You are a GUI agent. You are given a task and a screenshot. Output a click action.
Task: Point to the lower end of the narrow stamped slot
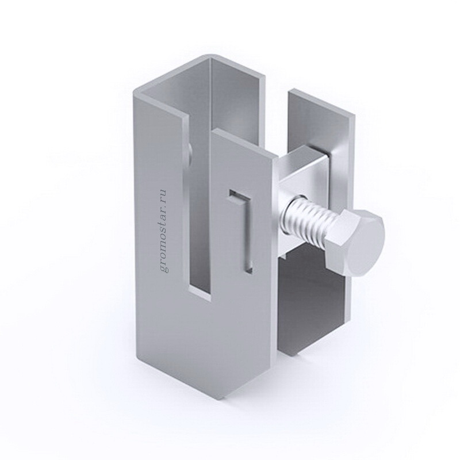pyautogui.click(x=248, y=269)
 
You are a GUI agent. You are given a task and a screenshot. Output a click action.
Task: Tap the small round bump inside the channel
pyautogui.click(x=190, y=152)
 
